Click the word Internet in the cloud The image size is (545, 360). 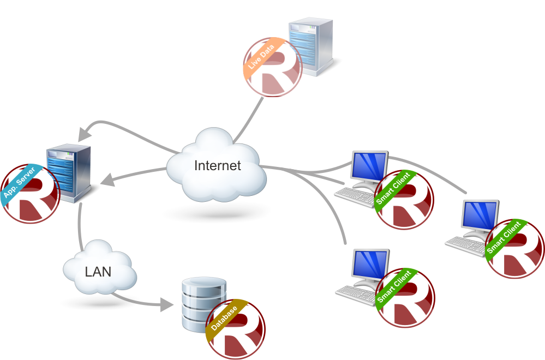217,166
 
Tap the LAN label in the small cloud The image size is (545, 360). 98,271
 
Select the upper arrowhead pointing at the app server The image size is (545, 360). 83,133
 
